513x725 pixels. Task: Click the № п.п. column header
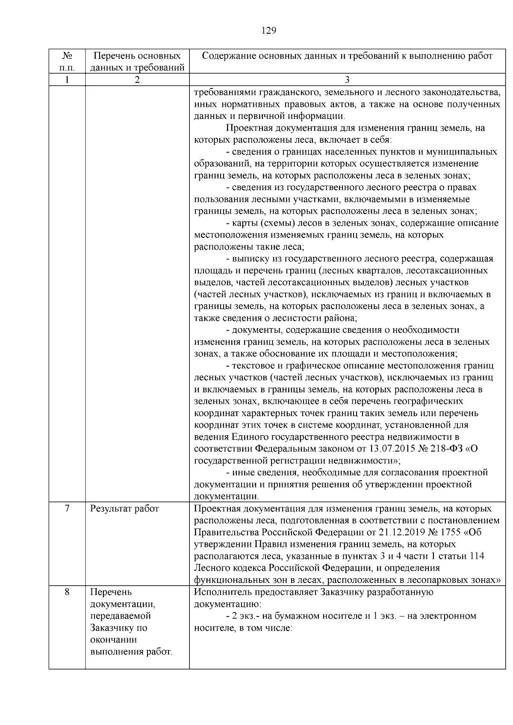pos(67,62)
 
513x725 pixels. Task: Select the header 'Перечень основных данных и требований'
pos(137,62)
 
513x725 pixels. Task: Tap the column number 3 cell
pos(347,79)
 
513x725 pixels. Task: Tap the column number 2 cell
pos(137,79)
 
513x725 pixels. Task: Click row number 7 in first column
pos(67,508)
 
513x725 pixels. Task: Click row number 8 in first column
pos(67,592)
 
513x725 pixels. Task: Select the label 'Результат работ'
pos(124,508)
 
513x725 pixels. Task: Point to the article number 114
pos(477,556)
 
